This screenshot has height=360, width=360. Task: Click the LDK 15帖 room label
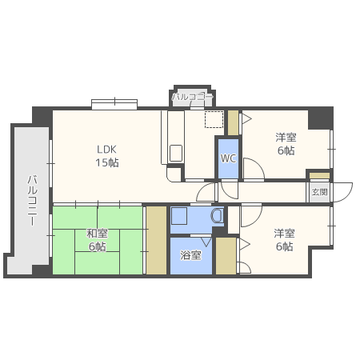(x=108, y=155)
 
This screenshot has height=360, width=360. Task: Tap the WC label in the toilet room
(x=228, y=158)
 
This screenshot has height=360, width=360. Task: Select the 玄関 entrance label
(x=319, y=192)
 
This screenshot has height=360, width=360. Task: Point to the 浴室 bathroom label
(x=190, y=256)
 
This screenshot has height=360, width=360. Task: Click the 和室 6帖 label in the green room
(x=97, y=240)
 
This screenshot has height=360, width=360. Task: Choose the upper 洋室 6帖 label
(x=286, y=143)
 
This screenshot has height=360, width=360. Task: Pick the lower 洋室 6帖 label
(x=284, y=239)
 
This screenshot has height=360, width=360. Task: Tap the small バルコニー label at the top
(x=193, y=97)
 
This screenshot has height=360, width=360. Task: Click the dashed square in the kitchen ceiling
(x=213, y=120)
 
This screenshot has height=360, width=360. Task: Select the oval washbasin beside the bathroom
(x=216, y=216)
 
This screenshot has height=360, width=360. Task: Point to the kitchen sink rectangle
(x=176, y=152)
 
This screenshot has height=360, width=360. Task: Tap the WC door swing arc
(x=253, y=170)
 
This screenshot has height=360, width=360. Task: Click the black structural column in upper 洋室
(x=320, y=118)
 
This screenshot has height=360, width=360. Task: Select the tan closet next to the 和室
(x=155, y=240)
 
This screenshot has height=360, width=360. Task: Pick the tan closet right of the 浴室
(x=226, y=256)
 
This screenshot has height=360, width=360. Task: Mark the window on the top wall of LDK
(x=114, y=102)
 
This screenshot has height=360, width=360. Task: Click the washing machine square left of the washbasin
(x=180, y=217)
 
